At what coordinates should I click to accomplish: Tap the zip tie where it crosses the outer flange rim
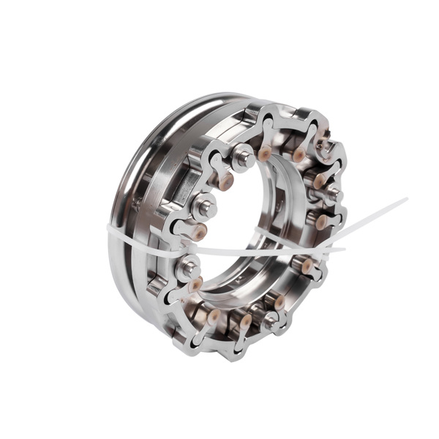click(x=117, y=233)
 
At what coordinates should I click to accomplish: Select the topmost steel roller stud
click(x=244, y=156)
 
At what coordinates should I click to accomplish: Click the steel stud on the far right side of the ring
click(x=331, y=193)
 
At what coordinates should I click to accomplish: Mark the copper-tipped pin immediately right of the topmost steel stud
click(x=265, y=152)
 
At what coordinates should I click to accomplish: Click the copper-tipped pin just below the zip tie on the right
click(x=307, y=267)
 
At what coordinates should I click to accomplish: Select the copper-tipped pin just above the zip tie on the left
click(x=200, y=233)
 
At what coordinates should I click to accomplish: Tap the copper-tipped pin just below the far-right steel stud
click(x=320, y=222)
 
